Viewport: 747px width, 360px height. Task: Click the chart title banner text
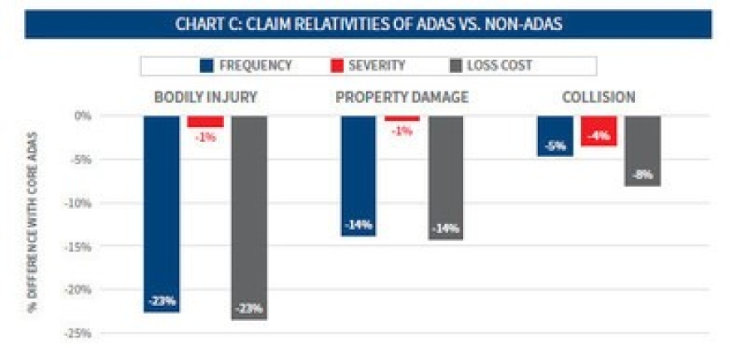tap(369, 24)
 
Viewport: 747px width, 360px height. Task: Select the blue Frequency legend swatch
tap(207, 66)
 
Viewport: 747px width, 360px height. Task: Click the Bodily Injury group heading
tap(205, 97)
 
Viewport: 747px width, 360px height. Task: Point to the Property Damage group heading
tap(402, 97)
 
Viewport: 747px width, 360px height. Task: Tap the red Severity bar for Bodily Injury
tap(205, 121)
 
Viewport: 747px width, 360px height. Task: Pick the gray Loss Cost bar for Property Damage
tap(446, 178)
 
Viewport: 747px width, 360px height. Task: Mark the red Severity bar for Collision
tap(598, 130)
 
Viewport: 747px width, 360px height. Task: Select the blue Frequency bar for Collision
tap(554, 135)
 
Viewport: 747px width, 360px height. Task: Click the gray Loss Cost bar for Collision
tap(642, 150)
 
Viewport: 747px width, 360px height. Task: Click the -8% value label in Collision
tap(642, 175)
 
